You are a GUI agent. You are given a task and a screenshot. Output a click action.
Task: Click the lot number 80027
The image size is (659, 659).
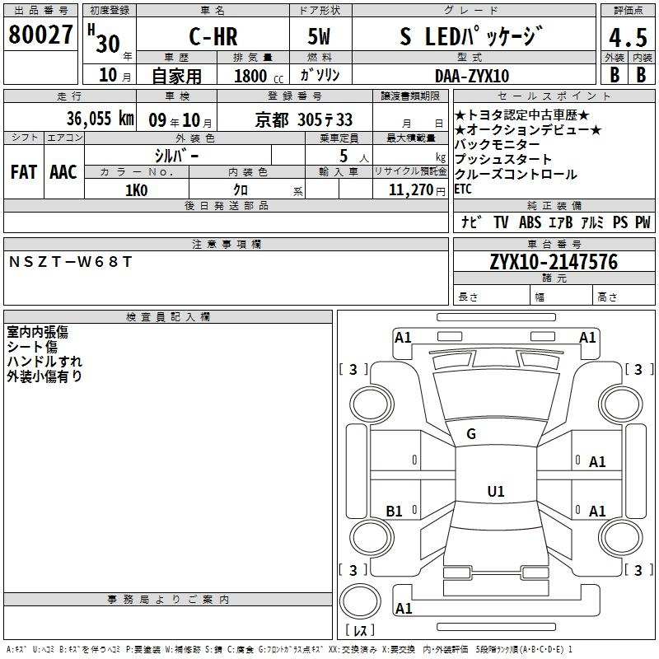(x=40, y=35)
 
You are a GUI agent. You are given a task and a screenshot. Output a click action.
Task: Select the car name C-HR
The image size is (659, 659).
(x=213, y=36)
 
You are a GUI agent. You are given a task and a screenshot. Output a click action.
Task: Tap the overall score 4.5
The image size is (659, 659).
(x=628, y=37)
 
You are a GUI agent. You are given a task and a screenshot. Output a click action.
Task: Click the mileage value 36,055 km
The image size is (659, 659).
(x=100, y=119)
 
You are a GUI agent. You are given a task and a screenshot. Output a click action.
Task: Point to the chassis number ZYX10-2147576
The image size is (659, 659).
(x=554, y=262)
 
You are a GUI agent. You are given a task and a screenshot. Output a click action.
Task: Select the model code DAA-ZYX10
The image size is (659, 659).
(x=472, y=76)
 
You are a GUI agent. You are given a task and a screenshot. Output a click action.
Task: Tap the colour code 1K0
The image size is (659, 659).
(x=137, y=190)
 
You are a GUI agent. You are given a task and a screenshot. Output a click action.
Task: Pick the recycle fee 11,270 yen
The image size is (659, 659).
(x=417, y=190)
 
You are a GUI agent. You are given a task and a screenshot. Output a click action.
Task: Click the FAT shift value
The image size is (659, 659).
(x=24, y=172)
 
